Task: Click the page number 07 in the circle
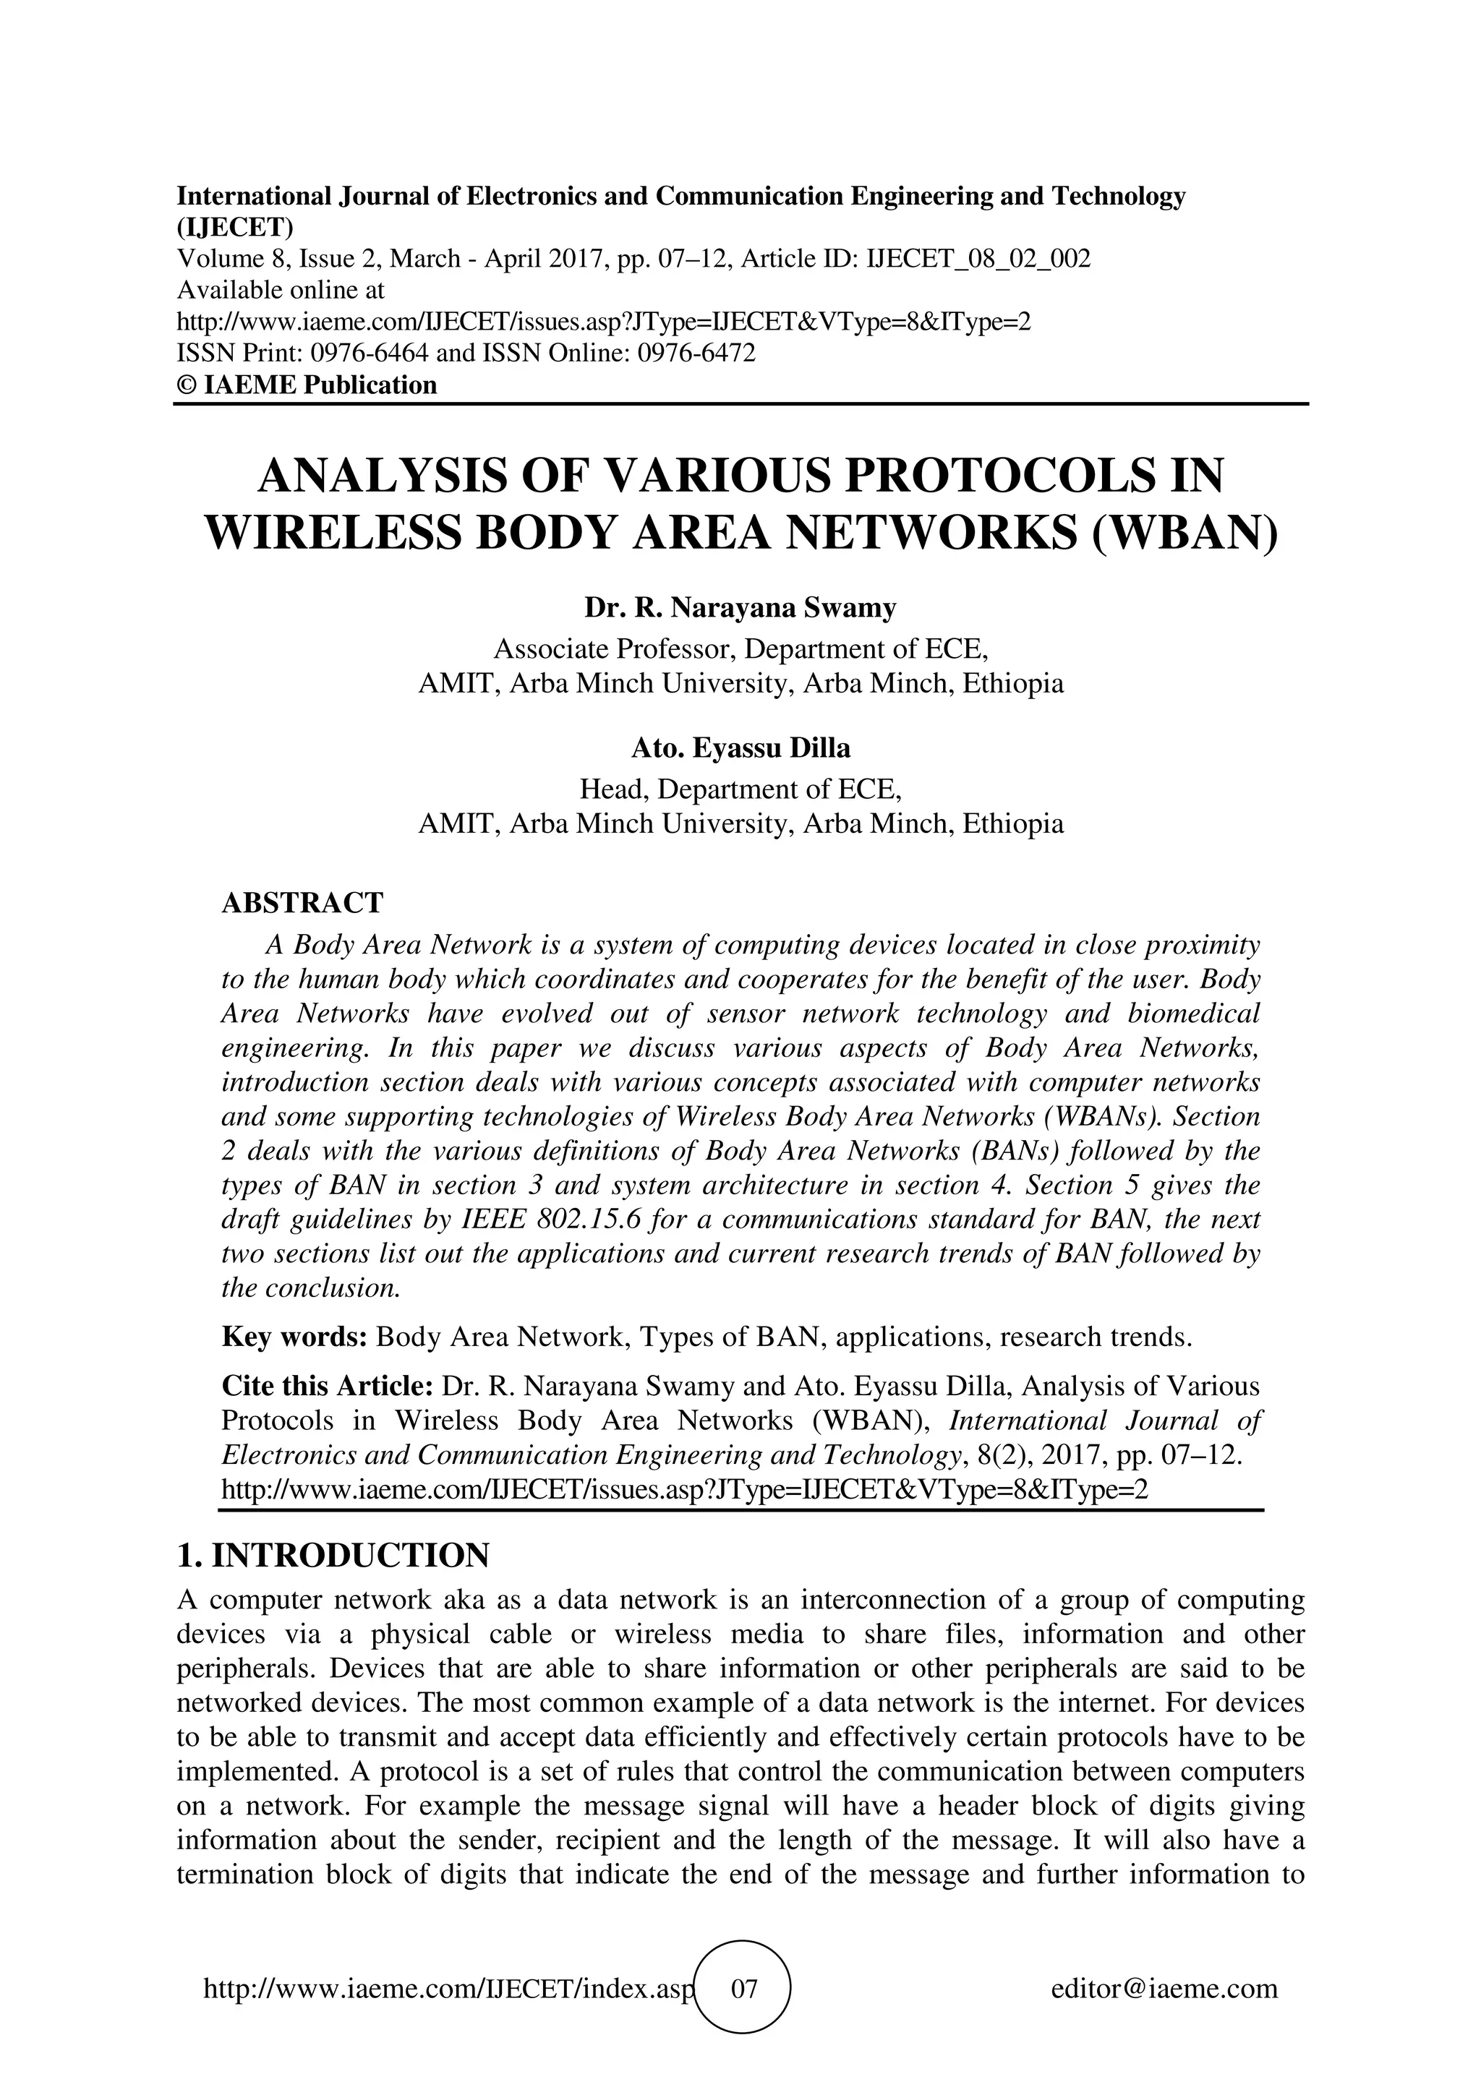pyautogui.click(x=743, y=1988)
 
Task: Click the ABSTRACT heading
pyautogui.click(x=302, y=902)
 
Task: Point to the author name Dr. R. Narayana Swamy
pyautogui.click(x=740, y=608)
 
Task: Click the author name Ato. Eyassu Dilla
pyautogui.click(x=740, y=748)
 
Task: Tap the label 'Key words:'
pyautogui.click(x=294, y=1337)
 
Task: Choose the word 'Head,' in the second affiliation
pyautogui.click(x=614, y=789)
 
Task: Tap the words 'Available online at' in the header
pyautogui.click(x=280, y=290)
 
